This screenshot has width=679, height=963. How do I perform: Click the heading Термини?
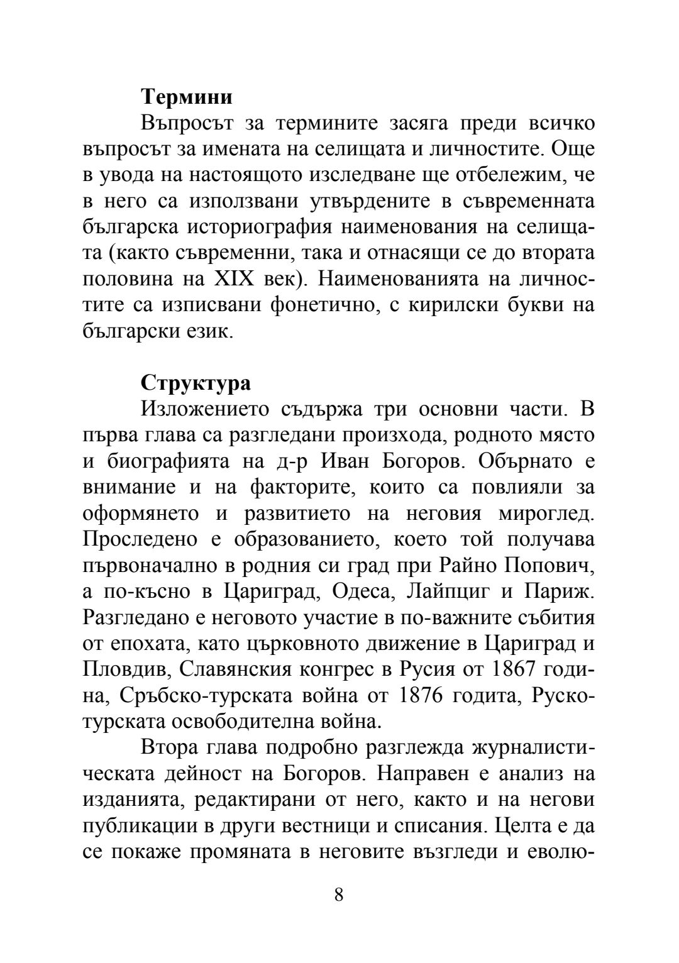[x=187, y=97]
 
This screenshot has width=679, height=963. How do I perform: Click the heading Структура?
[x=196, y=383]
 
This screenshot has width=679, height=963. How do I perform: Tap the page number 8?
[x=339, y=894]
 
